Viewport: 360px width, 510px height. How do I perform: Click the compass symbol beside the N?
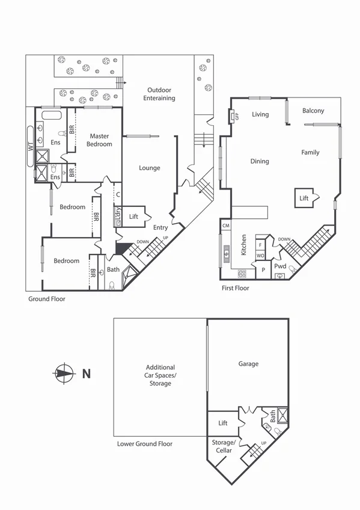click(x=64, y=373)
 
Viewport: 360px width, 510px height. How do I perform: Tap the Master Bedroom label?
click(x=99, y=140)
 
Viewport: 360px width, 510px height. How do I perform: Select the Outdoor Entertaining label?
click(x=159, y=94)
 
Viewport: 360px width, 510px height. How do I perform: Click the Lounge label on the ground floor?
click(x=150, y=168)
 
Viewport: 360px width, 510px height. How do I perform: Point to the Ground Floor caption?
click(x=47, y=298)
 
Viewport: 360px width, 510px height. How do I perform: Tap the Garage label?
click(x=248, y=364)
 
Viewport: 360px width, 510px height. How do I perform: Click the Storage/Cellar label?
click(x=222, y=446)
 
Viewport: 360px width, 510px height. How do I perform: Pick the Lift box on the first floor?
click(x=304, y=198)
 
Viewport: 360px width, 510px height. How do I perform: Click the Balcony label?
click(x=313, y=111)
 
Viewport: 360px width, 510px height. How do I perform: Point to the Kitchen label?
click(x=244, y=245)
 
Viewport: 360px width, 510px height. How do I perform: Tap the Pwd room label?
click(x=280, y=266)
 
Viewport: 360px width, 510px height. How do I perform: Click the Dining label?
click(x=260, y=161)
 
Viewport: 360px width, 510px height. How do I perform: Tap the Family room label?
click(x=310, y=153)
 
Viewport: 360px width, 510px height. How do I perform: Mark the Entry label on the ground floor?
click(x=160, y=227)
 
